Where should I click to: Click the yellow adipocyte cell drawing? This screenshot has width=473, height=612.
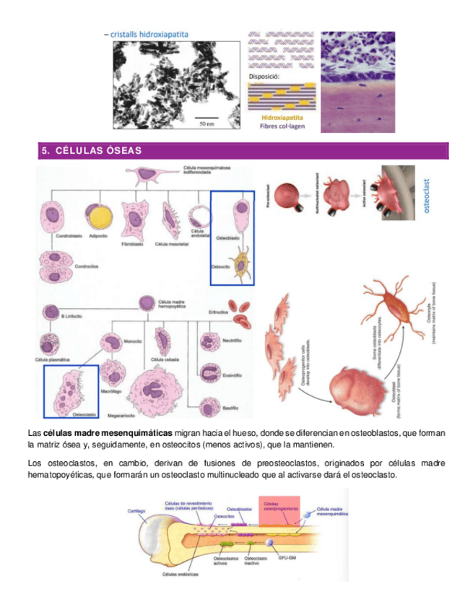click(x=95, y=215)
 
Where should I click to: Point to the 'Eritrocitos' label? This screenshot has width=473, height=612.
click(x=218, y=312)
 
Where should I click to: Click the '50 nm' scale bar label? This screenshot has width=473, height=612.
click(x=207, y=123)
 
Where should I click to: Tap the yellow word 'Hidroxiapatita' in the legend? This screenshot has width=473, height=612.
click(x=282, y=116)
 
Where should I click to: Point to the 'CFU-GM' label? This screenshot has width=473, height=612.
click(x=278, y=559)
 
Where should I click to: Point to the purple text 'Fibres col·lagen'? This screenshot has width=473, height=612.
click(x=282, y=125)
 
